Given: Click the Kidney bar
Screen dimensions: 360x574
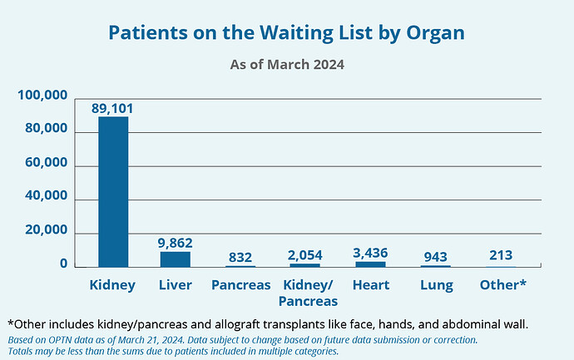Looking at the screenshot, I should point(113,191).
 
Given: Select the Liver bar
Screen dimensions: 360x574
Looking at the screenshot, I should point(176,259).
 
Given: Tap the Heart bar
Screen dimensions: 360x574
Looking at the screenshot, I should point(370,264).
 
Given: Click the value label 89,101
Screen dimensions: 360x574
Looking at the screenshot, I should point(113,108).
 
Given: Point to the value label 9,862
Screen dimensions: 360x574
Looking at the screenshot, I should point(176,243).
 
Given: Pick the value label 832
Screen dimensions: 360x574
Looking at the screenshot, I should point(240,257).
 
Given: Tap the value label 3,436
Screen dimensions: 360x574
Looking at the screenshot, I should point(370,252).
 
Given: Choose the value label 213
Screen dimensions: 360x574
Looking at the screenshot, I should point(501,255).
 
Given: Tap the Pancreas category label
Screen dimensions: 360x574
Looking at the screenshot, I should point(240,284).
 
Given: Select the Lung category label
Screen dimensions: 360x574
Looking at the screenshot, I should point(436,284).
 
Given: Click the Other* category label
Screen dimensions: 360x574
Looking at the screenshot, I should point(502,284).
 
